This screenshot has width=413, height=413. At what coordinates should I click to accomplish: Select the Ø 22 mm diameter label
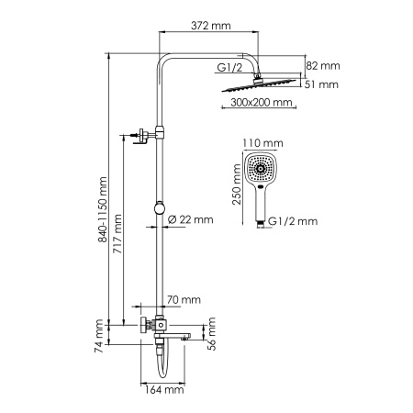[x=191, y=219]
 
